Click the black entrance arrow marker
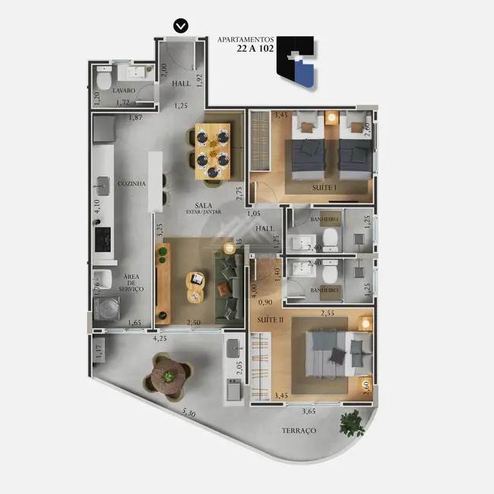coord(180,26)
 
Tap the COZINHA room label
coord(131,183)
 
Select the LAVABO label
coord(123,90)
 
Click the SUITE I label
coord(325,187)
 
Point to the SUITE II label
coord(271,321)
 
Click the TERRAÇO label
coord(299,430)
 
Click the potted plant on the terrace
coord(352,421)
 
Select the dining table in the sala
coord(211,151)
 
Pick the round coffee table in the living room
coord(195,287)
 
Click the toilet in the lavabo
coord(105,78)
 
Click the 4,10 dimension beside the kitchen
coord(97,204)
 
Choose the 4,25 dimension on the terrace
coord(160,339)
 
